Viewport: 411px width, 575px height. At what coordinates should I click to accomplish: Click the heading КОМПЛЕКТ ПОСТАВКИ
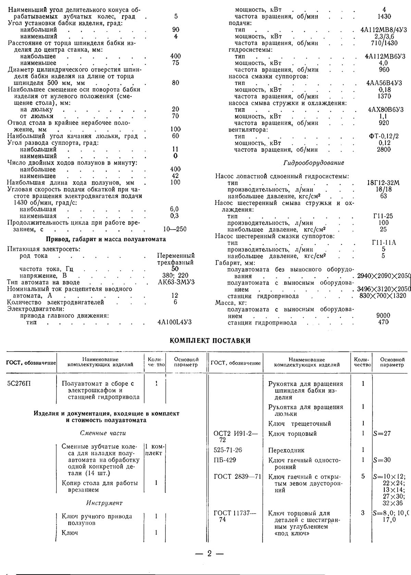point(210,341)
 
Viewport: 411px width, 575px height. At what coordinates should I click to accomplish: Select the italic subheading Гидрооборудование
point(314,163)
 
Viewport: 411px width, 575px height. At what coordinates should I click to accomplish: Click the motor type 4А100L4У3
point(174,322)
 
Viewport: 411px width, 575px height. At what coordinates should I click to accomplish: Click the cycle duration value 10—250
point(175,229)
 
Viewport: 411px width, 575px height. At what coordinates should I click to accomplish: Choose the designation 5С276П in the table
point(19,383)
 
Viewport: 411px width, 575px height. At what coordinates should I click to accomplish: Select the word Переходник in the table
point(286,450)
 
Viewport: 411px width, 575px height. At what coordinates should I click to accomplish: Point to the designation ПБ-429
point(225,460)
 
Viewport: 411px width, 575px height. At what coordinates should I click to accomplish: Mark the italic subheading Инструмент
point(104,503)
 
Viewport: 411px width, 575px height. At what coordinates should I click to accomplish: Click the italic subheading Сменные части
point(103,433)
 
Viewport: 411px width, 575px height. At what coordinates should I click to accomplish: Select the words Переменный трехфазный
point(176,259)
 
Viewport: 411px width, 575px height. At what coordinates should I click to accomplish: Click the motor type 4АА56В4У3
point(384,83)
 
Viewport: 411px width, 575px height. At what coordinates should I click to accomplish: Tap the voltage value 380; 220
point(175,276)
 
